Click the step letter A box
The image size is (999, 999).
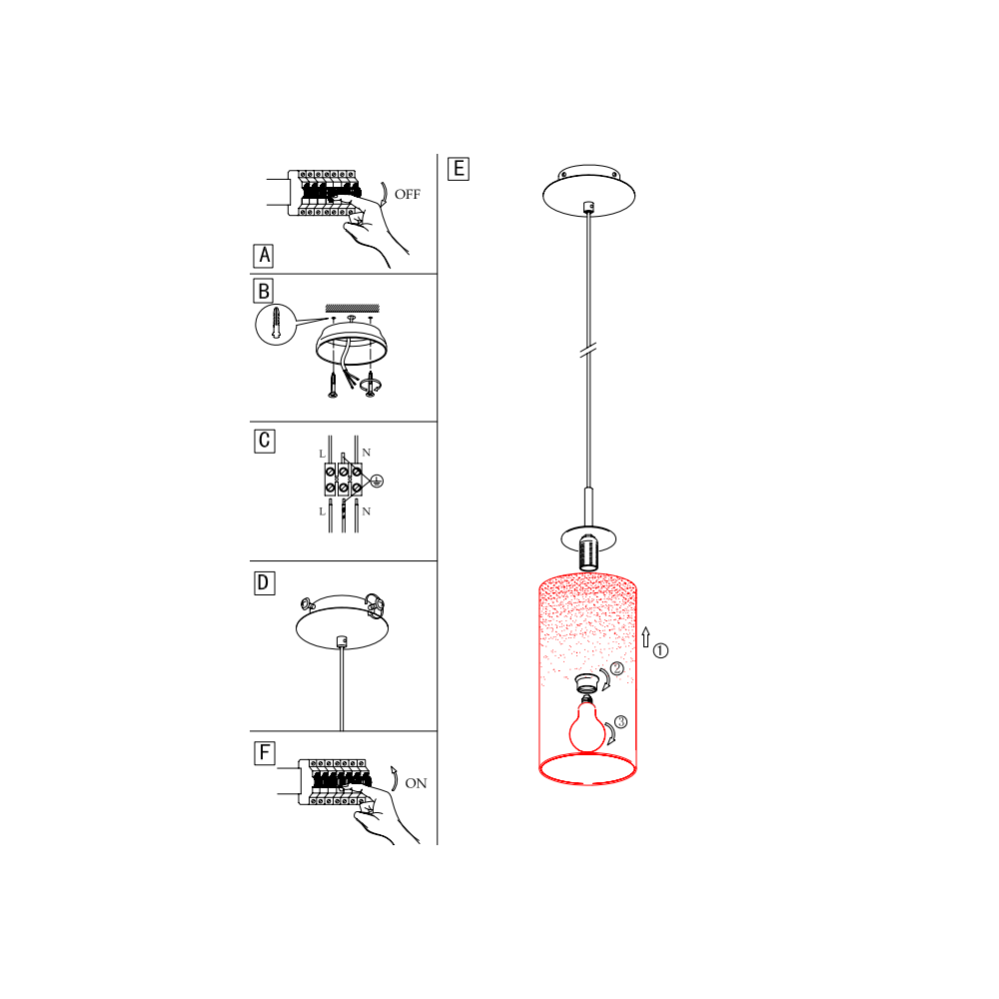tap(263, 256)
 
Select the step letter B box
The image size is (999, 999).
tap(263, 291)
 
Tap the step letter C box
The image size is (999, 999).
tap(265, 441)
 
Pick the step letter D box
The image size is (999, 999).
tap(265, 583)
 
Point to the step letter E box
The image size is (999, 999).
tap(459, 169)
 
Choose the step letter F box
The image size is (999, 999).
tap(265, 753)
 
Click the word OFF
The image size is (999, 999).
tap(408, 195)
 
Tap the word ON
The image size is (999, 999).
tap(416, 783)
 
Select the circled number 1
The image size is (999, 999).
tap(660, 651)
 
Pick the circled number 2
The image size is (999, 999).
tap(616, 668)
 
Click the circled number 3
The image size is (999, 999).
tap(620, 722)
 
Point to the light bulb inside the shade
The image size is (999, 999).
tap(586, 726)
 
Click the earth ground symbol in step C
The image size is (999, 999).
tap(377, 482)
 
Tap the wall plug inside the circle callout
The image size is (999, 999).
tap(276, 323)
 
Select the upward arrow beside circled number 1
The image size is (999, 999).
tap(646, 637)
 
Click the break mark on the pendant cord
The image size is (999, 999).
tap(588, 350)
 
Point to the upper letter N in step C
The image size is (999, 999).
tap(367, 453)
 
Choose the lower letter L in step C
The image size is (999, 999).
tap(323, 511)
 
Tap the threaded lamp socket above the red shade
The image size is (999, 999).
tap(588, 551)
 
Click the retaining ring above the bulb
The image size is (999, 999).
tap(587, 683)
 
